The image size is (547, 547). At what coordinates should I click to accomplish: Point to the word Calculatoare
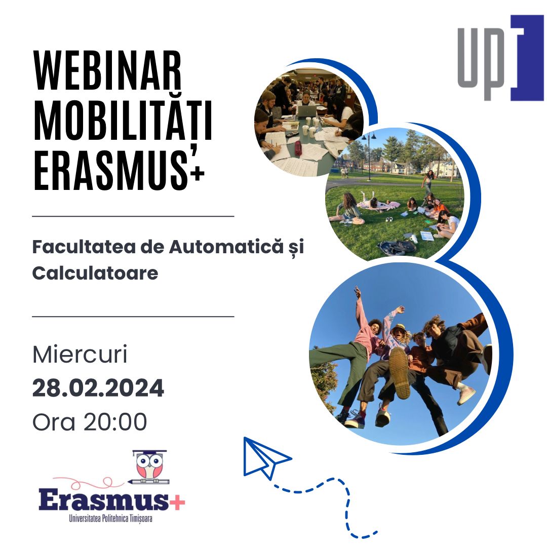tap(95, 273)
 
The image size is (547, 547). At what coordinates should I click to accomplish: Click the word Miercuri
tap(80, 355)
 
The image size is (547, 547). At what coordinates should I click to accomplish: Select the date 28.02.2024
tap(98, 388)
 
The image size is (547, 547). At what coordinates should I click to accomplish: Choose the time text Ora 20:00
tap(90, 422)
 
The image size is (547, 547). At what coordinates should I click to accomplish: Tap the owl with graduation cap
tap(149, 466)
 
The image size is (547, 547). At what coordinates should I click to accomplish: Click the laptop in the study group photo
tap(306, 111)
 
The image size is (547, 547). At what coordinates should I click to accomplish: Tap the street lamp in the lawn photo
tap(369, 152)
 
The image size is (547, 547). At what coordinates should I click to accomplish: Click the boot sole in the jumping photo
tap(400, 372)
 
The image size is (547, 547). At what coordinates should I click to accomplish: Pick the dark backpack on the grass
tap(397, 247)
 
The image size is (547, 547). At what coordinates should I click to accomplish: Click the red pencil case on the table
tap(299, 148)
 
